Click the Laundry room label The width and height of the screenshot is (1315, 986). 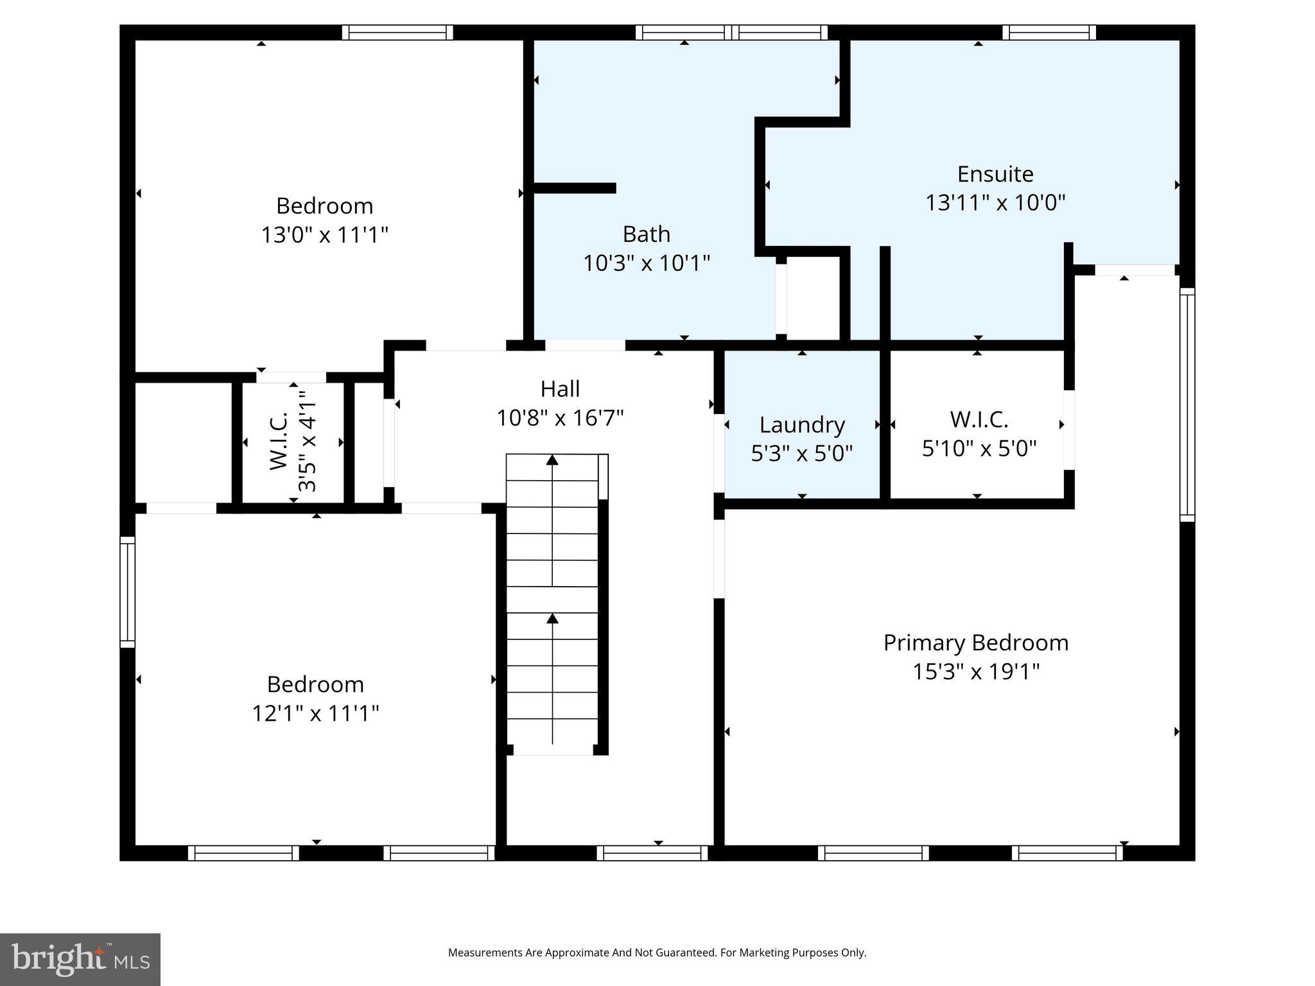point(801,425)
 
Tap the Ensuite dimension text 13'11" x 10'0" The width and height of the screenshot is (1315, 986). point(995,203)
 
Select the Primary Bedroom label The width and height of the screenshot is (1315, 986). point(975,643)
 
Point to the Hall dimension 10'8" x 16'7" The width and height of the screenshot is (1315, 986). point(560,419)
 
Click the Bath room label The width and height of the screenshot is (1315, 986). point(646,234)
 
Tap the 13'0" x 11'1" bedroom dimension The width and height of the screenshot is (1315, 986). point(324,235)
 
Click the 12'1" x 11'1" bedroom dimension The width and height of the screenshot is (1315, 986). point(315,713)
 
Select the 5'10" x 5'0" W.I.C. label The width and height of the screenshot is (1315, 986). point(979,434)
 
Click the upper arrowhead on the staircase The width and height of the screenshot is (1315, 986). point(552,460)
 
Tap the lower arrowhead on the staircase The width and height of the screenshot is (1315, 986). point(552,618)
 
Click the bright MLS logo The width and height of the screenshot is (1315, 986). point(80,960)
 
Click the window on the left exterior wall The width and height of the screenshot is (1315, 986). point(128,592)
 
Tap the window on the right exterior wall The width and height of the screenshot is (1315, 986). point(1187,404)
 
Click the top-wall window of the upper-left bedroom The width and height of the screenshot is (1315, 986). point(397,32)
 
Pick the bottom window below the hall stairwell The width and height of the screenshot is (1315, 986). point(652,852)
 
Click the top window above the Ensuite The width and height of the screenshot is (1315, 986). point(1049,32)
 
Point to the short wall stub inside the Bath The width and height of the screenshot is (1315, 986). point(575,188)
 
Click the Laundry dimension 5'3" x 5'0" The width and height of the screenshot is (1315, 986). point(801,454)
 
